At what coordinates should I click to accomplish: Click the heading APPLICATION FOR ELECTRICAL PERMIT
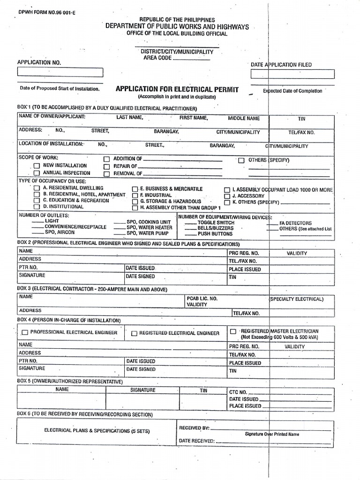pos(177,89)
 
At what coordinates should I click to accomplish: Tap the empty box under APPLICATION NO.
pos(60,72)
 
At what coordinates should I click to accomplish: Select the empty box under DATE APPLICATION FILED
pos(292,74)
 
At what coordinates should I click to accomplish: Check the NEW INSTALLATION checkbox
pos(37,166)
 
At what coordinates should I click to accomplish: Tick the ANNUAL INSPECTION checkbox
pos(37,173)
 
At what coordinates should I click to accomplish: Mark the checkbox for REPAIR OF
pos(106,166)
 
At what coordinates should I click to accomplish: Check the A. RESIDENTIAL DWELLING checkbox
pos(37,188)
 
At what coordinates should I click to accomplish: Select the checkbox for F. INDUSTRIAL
pos(135,195)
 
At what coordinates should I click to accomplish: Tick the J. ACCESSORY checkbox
pos(227,196)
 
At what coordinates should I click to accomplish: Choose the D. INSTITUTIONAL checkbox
pos(37,207)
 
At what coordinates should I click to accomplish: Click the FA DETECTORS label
pos(295,223)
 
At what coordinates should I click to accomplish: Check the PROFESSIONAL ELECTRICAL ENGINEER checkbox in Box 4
pos(24,333)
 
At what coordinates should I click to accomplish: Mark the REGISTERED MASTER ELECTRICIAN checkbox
pos(233,331)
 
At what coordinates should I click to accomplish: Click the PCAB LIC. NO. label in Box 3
pos(202,298)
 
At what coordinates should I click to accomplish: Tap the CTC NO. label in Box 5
pos(238,392)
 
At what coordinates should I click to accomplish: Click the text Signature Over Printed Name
pos(272,434)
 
